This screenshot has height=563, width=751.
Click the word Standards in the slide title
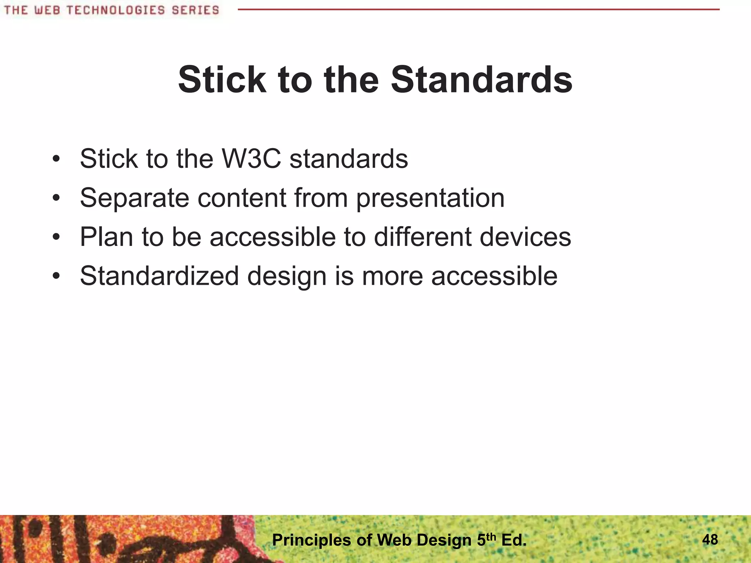click(x=481, y=80)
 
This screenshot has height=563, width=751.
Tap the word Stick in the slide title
click(x=222, y=80)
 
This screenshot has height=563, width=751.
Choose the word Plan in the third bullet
click(x=106, y=237)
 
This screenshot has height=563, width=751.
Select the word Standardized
click(x=160, y=276)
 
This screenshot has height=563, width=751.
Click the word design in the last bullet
click(x=287, y=276)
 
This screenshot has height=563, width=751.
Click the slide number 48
click(x=710, y=540)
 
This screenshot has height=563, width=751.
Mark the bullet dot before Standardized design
click(x=56, y=277)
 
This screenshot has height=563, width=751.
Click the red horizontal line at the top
click(x=477, y=9)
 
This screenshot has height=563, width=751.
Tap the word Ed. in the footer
click(x=513, y=540)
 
